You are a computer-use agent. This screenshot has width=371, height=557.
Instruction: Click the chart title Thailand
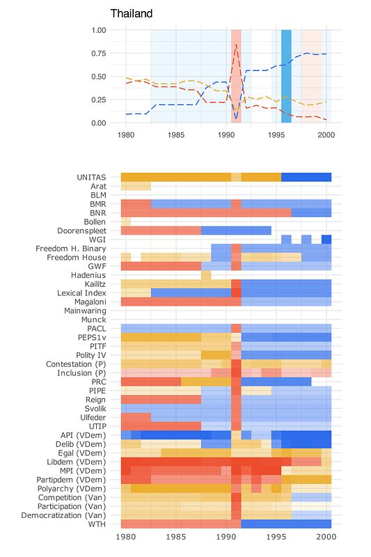tap(132, 13)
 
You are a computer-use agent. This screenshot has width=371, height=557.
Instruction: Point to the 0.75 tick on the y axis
tap(99, 54)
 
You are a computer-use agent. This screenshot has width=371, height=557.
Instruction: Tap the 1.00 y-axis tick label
tap(99, 30)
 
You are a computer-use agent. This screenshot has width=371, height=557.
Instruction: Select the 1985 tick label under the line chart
tap(175, 135)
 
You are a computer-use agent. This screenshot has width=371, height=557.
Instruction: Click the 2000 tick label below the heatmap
tap(326, 536)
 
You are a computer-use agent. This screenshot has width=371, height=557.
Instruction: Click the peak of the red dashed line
tap(236, 44)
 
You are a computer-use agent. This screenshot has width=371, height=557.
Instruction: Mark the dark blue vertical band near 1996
tap(286, 77)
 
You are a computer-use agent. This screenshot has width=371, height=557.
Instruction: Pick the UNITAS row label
tap(91, 178)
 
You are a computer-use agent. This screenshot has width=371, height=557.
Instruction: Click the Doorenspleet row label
tap(81, 231)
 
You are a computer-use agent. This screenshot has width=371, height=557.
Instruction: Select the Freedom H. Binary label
tap(70, 249)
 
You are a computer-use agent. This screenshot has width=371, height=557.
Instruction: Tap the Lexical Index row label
tap(81, 293)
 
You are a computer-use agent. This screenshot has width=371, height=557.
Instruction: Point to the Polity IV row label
tap(91, 355)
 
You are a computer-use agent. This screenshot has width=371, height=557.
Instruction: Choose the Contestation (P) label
tap(76, 364)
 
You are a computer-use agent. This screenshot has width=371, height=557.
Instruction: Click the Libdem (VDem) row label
tap(77, 462)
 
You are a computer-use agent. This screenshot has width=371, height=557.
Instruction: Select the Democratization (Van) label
tap(63, 515)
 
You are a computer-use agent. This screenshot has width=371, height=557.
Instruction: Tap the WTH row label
tap(97, 524)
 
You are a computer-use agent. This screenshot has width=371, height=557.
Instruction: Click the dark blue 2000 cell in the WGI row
tap(326, 240)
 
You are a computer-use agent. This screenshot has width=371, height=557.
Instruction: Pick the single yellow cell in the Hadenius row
tap(206, 275)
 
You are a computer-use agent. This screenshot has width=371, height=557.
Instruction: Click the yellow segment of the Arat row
tap(136, 186)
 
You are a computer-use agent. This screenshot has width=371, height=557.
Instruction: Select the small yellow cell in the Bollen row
tap(126, 221)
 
